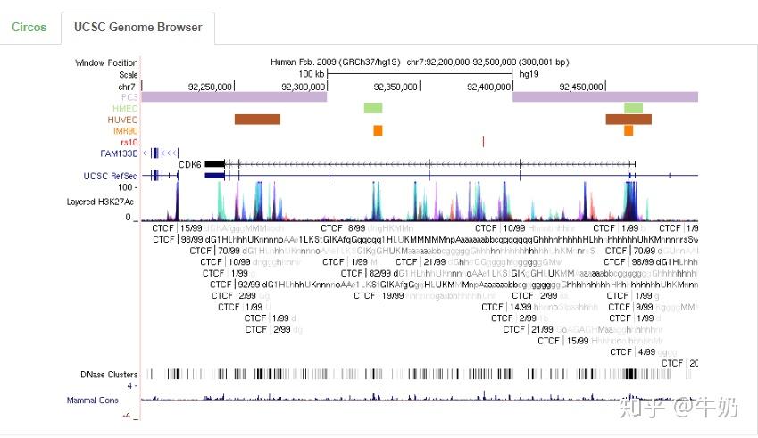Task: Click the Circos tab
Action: tap(29, 27)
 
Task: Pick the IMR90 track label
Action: tap(125, 130)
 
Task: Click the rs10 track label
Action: tap(129, 142)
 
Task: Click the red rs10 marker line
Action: tap(482, 142)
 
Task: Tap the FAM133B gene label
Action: tap(119, 153)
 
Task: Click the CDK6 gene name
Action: tap(189, 164)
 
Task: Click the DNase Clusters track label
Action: tap(109, 374)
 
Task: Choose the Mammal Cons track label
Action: tap(93, 401)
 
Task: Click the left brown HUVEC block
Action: tap(257, 119)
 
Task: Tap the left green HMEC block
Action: tap(372, 108)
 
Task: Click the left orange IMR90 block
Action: tap(378, 130)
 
